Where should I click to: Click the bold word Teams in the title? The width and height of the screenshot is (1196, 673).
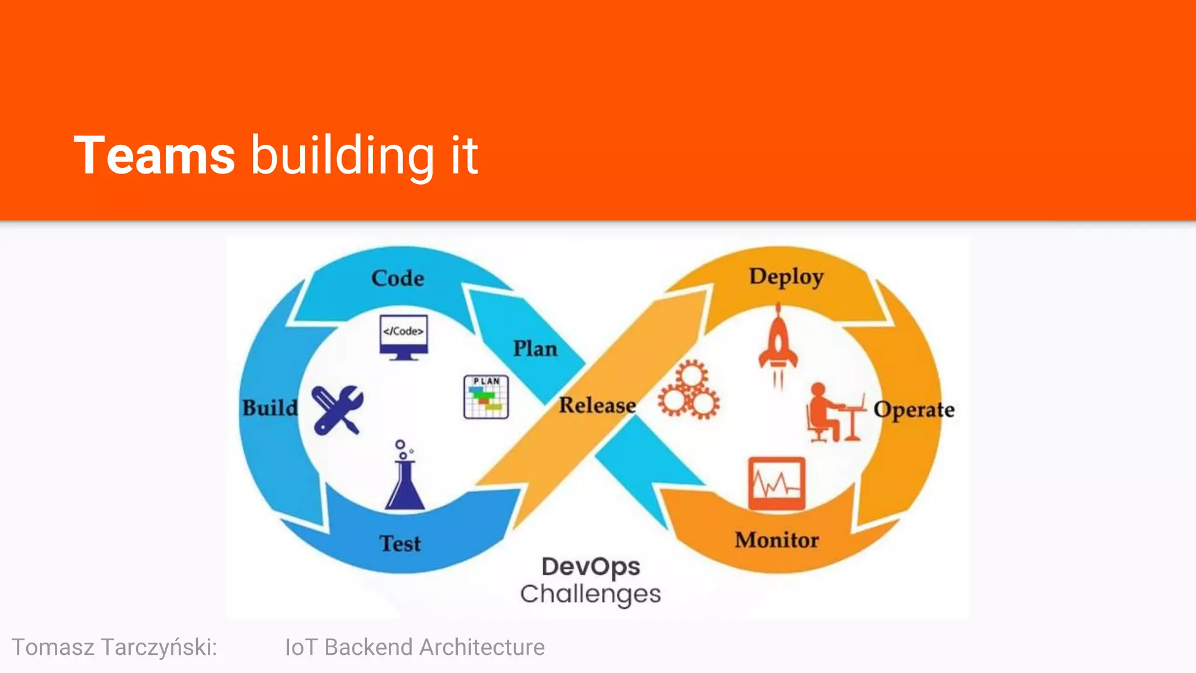(x=154, y=155)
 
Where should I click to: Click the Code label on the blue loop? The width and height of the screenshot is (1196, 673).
(x=398, y=278)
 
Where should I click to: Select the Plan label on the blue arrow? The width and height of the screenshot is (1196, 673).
(x=535, y=349)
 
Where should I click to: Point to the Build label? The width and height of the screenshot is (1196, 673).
(x=270, y=408)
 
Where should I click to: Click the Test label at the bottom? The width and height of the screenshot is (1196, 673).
(x=400, y=543)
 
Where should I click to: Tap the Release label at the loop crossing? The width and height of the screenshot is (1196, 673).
(x=597, y=405)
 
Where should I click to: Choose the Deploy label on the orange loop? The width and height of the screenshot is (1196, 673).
(x=786, y=277)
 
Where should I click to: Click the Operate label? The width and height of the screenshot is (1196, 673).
(x=914, y=410)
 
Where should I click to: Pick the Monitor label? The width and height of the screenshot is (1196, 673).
(x=777, y=540)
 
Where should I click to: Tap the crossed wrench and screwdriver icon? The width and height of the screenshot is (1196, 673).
(x=337, y=410)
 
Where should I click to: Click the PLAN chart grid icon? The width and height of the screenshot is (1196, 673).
(x=486, y=397)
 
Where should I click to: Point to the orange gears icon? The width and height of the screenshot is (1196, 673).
(x=689, y=390)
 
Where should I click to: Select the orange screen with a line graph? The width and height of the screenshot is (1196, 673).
(x=777, y=484)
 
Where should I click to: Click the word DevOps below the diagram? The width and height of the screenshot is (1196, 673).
(x=590, y=567)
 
